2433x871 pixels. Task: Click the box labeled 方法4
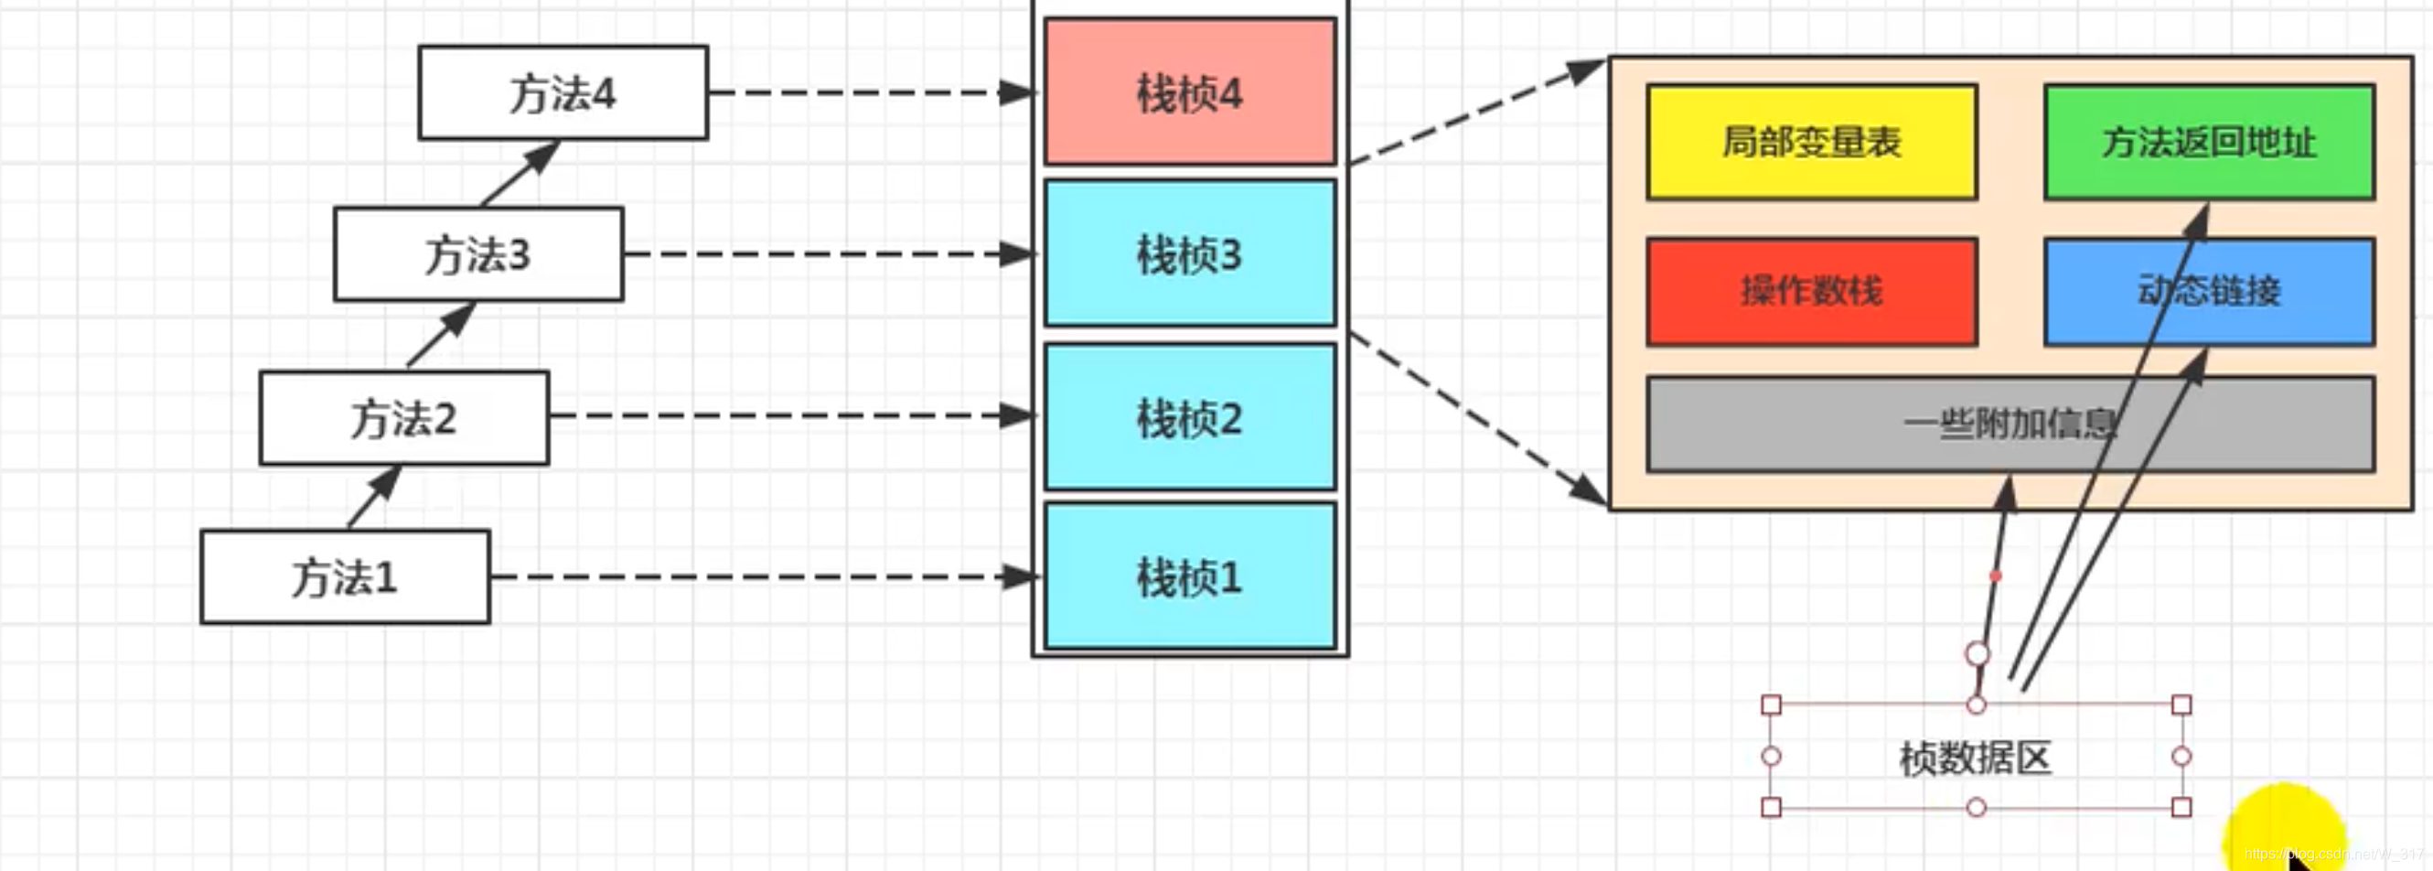tap(563, 92)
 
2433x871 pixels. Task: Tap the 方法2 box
tap(404, 417)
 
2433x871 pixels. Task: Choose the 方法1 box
tap(345, 577)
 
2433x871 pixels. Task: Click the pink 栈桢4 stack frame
tap(1189, 91)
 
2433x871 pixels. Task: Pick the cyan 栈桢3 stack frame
tap(1189, 253)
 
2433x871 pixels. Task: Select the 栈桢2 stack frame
tap(1189, 416)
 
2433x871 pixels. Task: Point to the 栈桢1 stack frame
tap(1189, 575)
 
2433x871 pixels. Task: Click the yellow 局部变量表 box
tap(1811, 142)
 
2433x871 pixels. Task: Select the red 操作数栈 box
tap(1811, 291)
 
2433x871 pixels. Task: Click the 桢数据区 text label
tap(1975, 758)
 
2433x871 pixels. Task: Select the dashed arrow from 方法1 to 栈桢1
tap(756, 576)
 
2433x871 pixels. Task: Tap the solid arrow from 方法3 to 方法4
tap(520, 173)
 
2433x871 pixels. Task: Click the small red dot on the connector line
tap(1995, 575)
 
